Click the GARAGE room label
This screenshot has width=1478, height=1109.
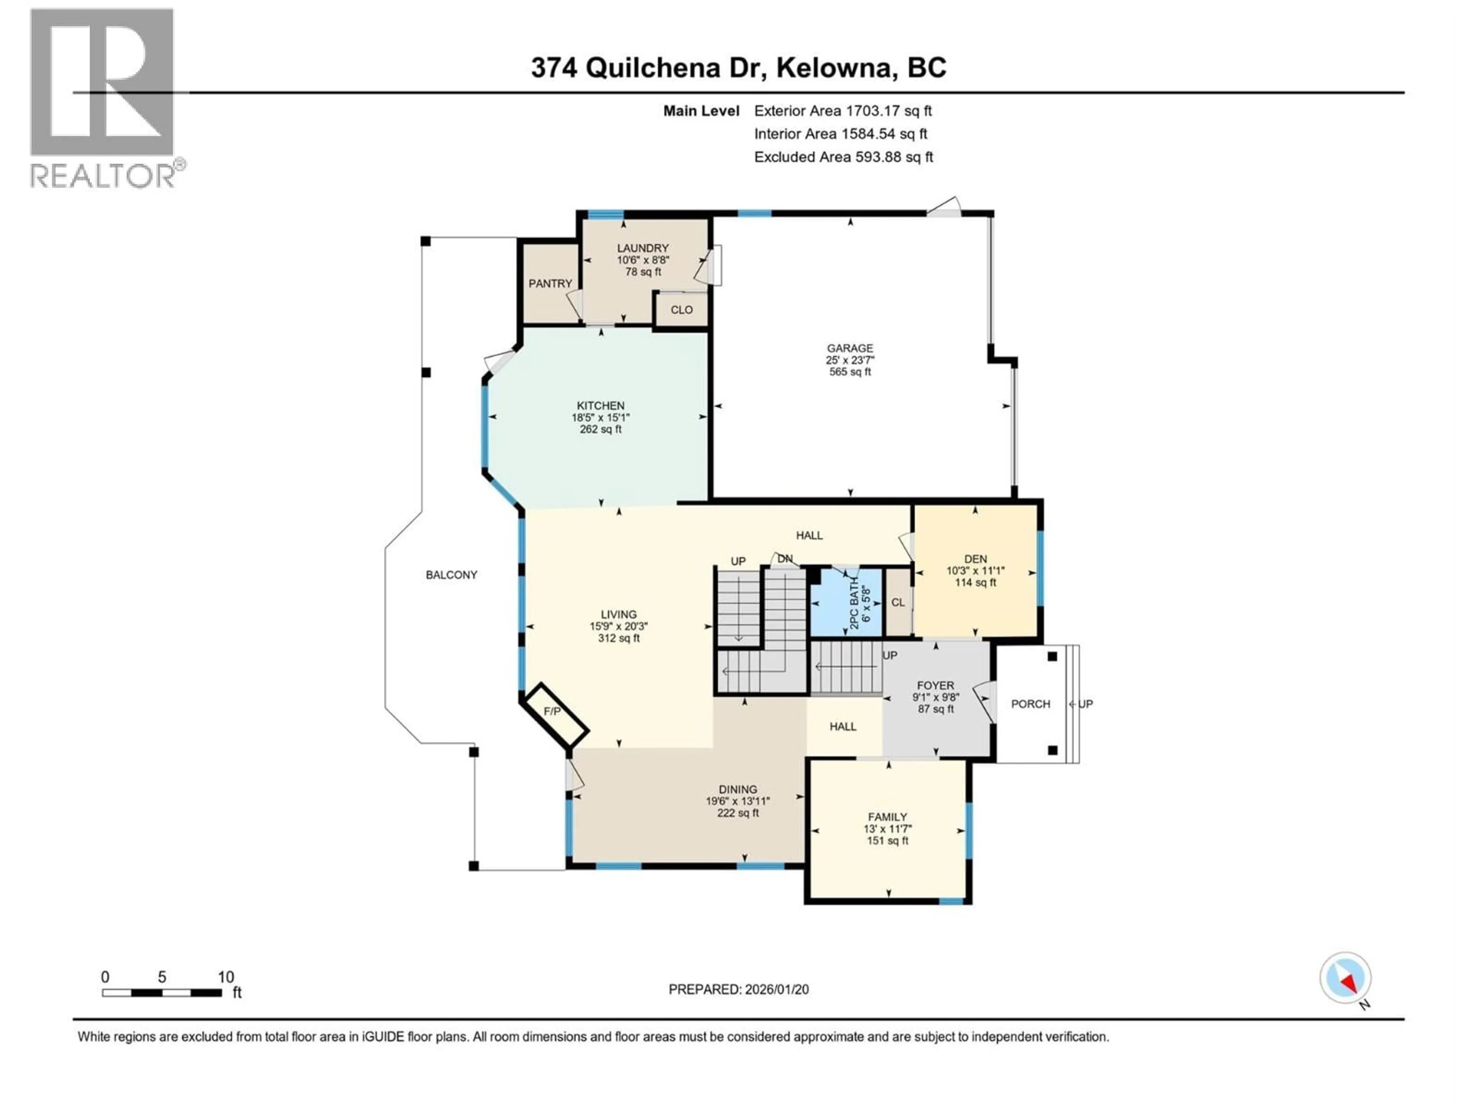(x=850, y=348)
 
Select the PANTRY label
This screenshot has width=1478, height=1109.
(x=550, y=283)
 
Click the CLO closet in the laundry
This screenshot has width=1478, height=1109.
(x=682, y=310)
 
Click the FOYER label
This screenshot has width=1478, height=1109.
(x=935, y=685)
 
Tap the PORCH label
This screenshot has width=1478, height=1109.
(x=1030, y=704)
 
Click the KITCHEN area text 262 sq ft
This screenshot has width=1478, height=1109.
(x=601, y=429)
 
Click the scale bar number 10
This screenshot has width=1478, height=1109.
(x=226, y=977)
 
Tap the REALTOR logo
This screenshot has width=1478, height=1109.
(x=104, y=97)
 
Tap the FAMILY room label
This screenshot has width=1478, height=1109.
(x=887, y=817)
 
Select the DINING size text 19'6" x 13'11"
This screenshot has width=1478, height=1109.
(x=738, y=801)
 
